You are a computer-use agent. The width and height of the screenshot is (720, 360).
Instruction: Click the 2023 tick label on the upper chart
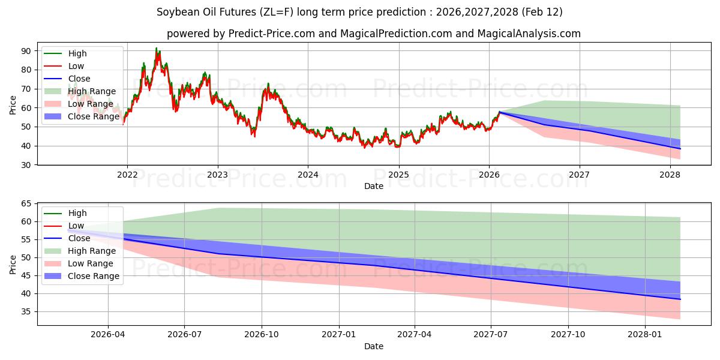217,175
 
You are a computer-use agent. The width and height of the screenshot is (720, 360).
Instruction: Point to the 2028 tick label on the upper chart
670,175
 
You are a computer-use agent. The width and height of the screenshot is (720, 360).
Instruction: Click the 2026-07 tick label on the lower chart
184,335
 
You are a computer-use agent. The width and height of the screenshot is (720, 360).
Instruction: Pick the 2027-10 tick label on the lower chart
568,335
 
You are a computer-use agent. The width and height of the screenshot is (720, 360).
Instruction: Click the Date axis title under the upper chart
374,187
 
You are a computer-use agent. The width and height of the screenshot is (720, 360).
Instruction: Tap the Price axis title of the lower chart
13,264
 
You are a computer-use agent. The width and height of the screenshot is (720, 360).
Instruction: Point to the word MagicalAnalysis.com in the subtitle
529,34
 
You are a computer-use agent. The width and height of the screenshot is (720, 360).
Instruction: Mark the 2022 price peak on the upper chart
157,48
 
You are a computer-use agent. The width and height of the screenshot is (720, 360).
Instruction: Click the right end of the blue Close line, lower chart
680,299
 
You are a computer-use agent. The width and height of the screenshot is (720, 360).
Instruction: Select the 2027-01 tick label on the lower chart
339,335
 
